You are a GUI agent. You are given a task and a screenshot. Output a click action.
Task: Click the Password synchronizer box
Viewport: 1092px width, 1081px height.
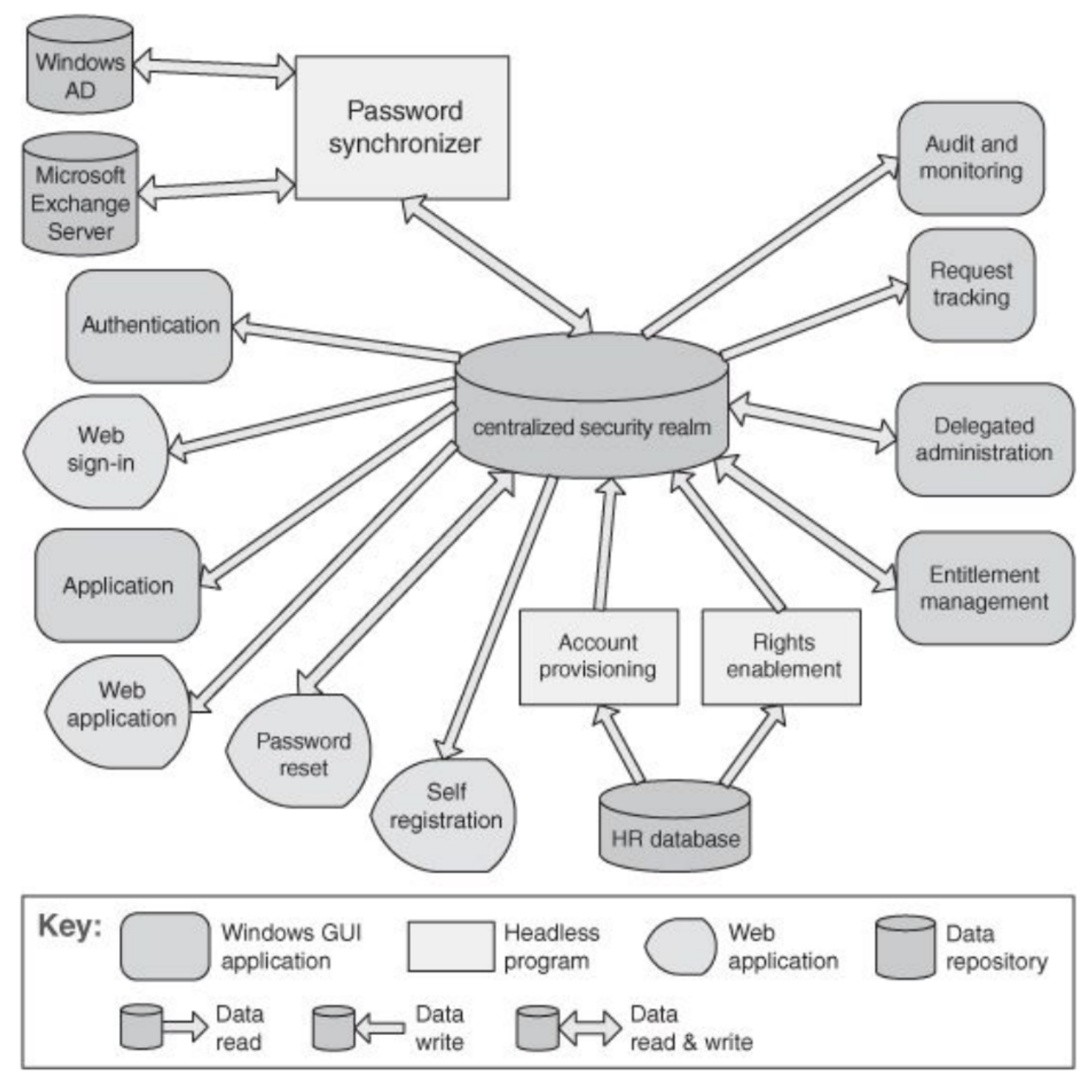(x=402, y=127)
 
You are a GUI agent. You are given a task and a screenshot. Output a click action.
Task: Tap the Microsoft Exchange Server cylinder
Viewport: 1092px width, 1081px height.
(x=80, y=195)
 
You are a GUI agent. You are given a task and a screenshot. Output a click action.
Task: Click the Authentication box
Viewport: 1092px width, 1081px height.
(x=149, y=325)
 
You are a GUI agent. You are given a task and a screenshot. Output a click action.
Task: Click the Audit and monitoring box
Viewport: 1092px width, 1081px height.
(x=970, y=158)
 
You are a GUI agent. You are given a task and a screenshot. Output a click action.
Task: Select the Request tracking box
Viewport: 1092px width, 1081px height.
(x=971, y=285)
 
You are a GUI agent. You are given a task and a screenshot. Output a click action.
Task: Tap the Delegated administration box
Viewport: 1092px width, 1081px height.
(x=984, y=439)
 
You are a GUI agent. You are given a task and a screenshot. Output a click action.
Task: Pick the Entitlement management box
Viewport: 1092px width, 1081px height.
(x=984, y=588)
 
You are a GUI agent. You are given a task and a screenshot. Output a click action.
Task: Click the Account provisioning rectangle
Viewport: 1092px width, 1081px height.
(x=598, y=657)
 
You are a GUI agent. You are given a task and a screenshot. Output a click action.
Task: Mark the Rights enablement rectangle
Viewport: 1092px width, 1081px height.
(x=781, y=657)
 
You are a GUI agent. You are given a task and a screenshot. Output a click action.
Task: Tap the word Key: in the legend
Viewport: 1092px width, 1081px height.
(x=69, y=926)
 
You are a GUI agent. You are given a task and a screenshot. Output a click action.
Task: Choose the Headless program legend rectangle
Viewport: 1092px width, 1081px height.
(x=451, y=947)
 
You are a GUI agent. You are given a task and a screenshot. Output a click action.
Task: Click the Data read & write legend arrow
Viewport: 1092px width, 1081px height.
(x=590, y=1028)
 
